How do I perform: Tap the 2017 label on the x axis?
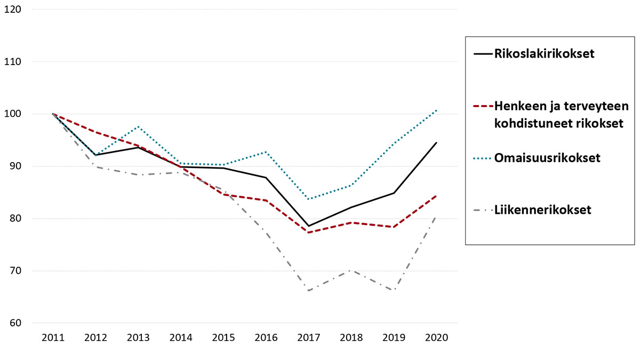pos(309,338)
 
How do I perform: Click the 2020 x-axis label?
pos(437,338)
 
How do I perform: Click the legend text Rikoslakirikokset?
pos(544,54)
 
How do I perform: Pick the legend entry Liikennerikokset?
pos(542,210)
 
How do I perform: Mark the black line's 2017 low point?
pos(309,226)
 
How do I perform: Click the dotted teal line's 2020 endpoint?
pos(437,110)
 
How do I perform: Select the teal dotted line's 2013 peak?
pos(138,126)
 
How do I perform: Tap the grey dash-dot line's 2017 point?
pos(309,291)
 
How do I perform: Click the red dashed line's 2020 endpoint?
pos(437,196)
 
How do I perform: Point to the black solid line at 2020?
pos(437,142)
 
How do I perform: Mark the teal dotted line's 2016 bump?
pos(266,152)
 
